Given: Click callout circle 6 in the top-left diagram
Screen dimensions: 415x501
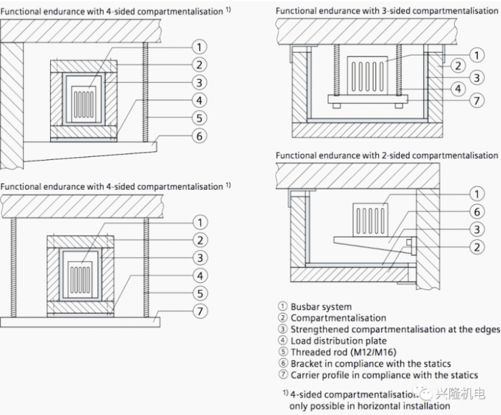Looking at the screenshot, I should coord(199,136).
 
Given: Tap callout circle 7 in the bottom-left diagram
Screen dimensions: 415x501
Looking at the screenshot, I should coord(199,311).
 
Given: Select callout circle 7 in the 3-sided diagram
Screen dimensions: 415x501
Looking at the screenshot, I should coord(477,100).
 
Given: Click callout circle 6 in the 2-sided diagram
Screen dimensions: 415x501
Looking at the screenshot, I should coord(477,211).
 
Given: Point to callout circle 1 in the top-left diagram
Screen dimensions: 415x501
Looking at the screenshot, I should coord(199,47).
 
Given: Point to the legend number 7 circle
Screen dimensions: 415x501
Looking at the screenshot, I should coord(283,375).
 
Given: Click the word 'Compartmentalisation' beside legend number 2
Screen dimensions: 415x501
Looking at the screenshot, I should coord(338,317).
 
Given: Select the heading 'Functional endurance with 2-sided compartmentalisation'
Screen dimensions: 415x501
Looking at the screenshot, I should coord(386,155).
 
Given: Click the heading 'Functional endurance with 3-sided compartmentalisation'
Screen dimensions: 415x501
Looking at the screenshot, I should coord(386,11).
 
